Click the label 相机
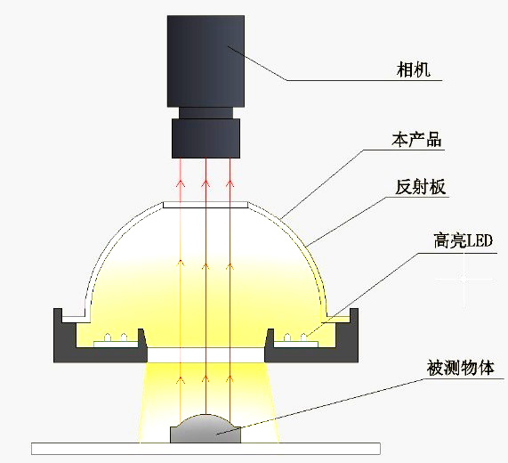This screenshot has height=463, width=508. pos(414,69)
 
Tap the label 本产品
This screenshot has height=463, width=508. pos(416,140)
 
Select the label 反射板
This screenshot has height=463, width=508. pos(421,187)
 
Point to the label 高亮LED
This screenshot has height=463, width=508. pos(463,240)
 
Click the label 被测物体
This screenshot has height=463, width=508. pos(460,368)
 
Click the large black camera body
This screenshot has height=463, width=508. pos(206,61)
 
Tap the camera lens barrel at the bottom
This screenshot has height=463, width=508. pos(206,138)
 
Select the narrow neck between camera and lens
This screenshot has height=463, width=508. pos(206,113)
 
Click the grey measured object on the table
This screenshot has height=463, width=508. pos(206,428)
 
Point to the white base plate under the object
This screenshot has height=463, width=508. pos(206,449)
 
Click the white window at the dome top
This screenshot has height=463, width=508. pos(206,205)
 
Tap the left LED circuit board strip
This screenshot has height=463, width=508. pos(116,344)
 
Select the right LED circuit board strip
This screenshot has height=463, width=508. pos(296,344)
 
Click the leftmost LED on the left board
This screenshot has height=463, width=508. pos(108,337)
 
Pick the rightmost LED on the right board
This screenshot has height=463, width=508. pos(304,337)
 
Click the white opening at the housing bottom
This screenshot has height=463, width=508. pos(206,355)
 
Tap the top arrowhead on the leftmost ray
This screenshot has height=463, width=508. pos(181,183)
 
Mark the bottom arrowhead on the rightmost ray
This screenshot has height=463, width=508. pos(230,379)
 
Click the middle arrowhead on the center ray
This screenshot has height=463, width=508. pos(206,266)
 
